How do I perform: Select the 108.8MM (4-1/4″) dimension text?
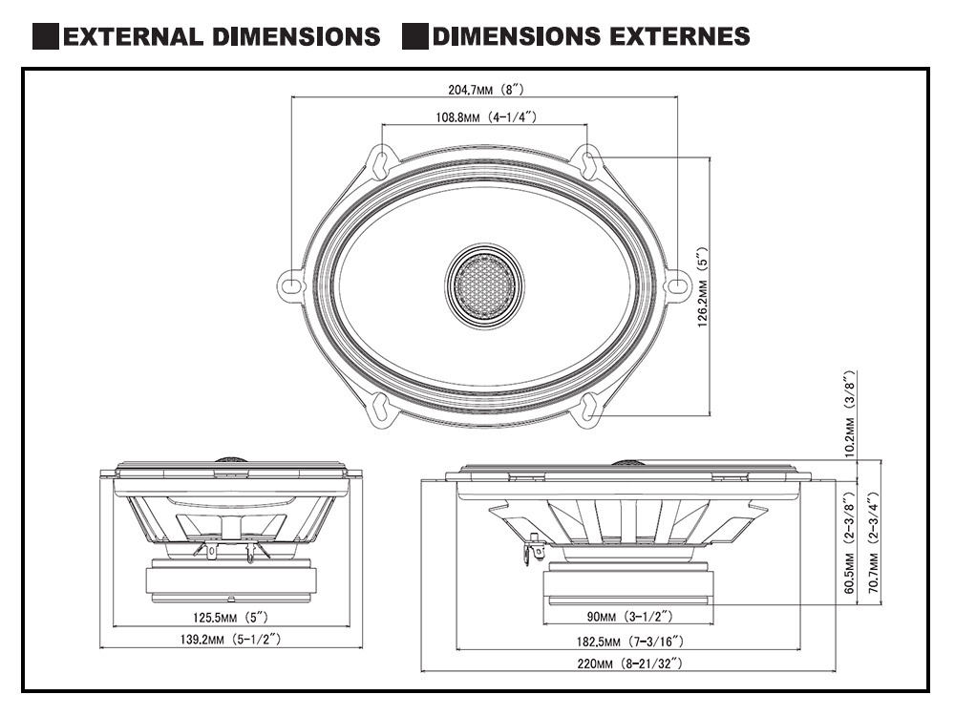tap(485, 117)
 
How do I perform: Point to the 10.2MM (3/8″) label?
tap(850, 411)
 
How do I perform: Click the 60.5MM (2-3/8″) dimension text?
tap(850, 544)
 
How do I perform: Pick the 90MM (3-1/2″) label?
tap(627, 616)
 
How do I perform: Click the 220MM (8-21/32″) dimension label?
tap(627, 662)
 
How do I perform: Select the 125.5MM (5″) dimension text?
tap(230, 617)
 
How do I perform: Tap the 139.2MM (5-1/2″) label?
tap(230, 638)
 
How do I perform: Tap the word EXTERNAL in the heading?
tap(131, 37)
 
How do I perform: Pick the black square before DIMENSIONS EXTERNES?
tap(414, 37)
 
